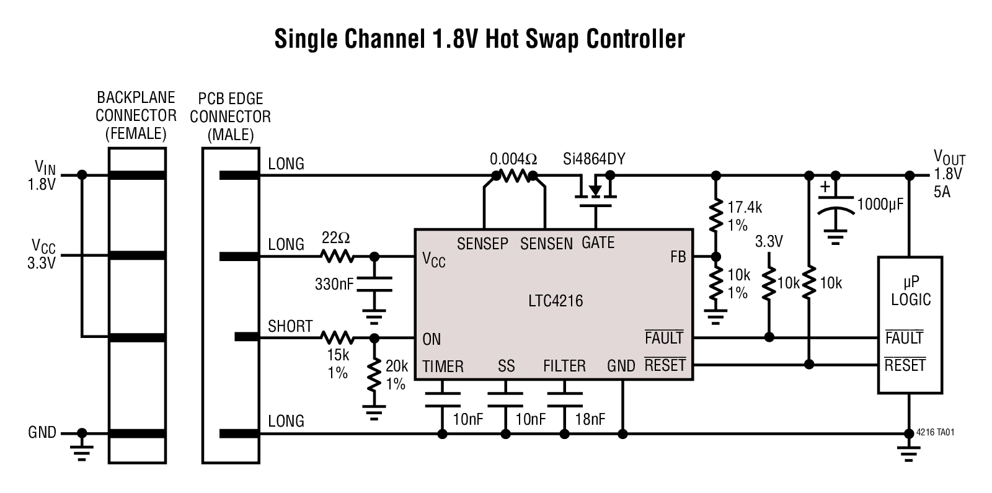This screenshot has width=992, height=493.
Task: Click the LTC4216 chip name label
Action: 556,301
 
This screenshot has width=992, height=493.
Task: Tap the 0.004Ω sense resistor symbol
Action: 513,176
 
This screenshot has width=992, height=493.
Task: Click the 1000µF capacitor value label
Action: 880,205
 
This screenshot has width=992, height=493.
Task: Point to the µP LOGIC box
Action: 910,324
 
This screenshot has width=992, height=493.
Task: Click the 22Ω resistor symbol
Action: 337,255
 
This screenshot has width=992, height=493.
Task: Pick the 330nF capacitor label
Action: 334,285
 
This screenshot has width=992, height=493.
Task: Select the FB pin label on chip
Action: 678,256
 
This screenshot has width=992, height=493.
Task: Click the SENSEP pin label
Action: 482,244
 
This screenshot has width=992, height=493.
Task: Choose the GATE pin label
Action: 598,243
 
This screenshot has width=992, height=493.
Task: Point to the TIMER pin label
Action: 443,366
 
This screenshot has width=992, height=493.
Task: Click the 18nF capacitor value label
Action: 589,420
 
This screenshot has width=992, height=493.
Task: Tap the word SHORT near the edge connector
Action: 290,326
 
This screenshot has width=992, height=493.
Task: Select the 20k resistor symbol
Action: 374,375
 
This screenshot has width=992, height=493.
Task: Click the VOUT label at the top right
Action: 949,158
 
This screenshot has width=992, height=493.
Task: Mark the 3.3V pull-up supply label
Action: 768,242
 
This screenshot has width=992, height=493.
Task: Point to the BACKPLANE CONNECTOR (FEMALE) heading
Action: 136,115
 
